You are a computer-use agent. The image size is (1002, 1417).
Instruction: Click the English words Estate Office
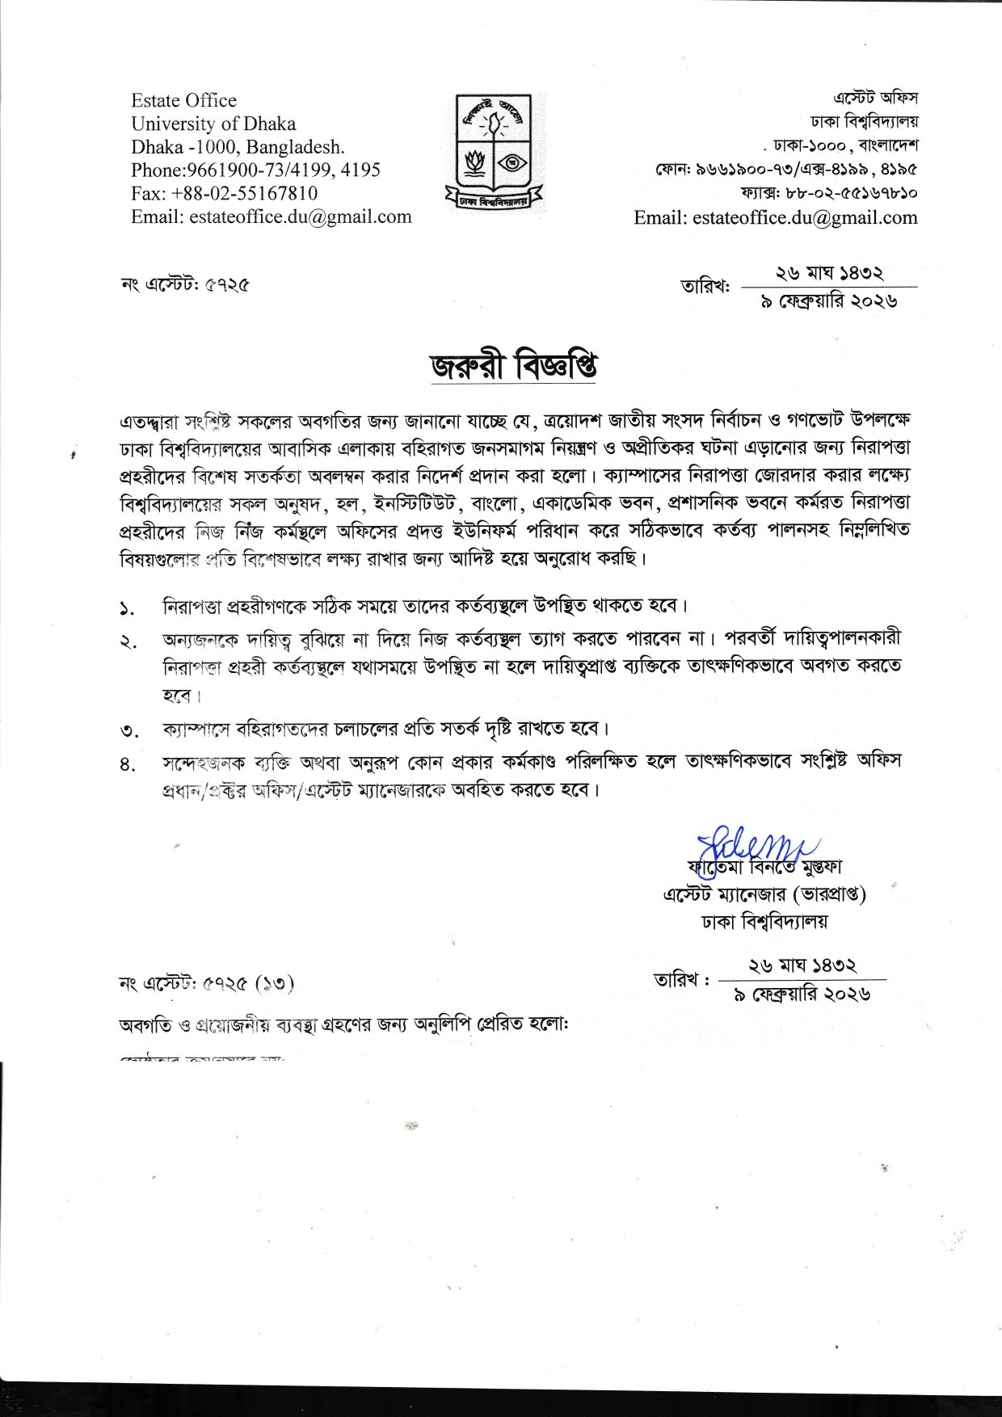[183, 101]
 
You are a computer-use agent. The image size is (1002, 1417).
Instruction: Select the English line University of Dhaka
[213, 124]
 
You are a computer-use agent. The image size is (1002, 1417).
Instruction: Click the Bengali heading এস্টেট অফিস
[875, 99]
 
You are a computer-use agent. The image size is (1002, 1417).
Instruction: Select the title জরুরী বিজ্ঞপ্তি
[513, 366]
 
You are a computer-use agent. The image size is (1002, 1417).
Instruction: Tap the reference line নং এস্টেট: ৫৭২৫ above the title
[184, 284]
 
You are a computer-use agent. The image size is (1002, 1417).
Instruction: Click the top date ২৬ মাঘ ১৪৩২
[829, 275]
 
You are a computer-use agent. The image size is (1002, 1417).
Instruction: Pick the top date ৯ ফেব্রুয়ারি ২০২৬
[829, 301]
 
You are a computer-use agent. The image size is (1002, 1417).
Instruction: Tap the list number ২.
[127, 642]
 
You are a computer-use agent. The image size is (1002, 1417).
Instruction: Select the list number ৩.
[128, 732]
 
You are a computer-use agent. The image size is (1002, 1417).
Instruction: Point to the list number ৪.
[127, 764]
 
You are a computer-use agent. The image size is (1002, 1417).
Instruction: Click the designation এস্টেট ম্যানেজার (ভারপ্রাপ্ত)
[764, 895]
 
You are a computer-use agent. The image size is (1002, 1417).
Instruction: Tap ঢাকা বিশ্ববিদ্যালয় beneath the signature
[764, 921]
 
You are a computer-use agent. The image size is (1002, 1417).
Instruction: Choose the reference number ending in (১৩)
[207, 984]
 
